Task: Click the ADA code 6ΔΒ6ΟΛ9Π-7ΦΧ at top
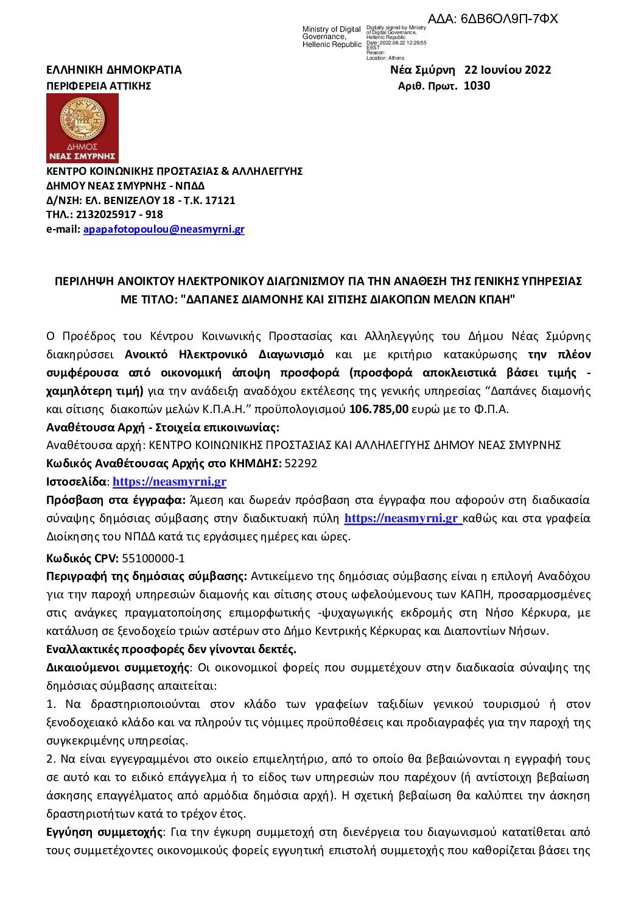tap(492, 19)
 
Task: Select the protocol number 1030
tap(477, 86)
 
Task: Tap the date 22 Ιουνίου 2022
tap(508, 70)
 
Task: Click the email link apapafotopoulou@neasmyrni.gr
tap(164, 230)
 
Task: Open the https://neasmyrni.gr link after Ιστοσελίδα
tap(169, 482)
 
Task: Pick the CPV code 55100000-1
tap(153, 558)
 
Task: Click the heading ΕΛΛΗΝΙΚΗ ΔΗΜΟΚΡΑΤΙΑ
tap(114, 70)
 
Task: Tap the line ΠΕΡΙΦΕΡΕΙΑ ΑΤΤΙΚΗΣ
tap(99, 86)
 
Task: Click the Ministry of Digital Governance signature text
tap(332, 37)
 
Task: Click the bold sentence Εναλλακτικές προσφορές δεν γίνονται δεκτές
tap(171, 649)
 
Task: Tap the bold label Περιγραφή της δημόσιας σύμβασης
tap(146, 576)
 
